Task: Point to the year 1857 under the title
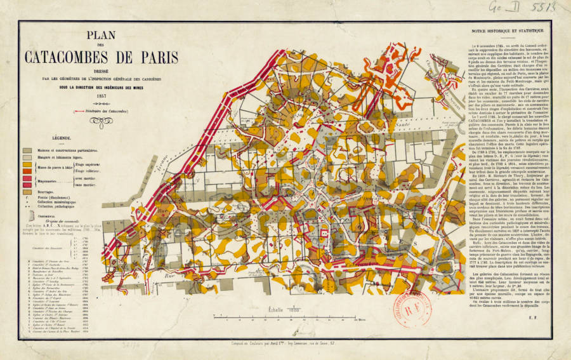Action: click(x=101, y=95)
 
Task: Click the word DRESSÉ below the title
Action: click(x=101, y=70)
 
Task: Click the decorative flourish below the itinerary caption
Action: click(x=101, y=121)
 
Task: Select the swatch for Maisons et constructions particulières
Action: click(x=27, y=150)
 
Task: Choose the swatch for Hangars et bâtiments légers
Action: click(x=27, y=157)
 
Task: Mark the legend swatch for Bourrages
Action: click(x=27, y=190)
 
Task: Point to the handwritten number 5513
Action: click(x=526, y=8)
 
